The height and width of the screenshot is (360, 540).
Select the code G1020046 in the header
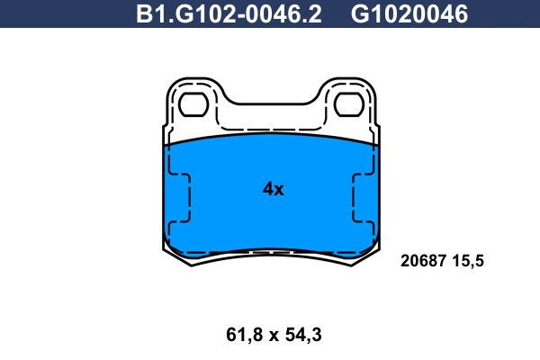point(409,14)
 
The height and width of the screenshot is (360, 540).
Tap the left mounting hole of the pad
point(193,105)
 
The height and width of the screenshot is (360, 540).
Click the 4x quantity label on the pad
point(273,189)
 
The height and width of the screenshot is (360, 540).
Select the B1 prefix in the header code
point(148,14)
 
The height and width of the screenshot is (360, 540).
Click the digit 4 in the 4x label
point(267,189)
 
